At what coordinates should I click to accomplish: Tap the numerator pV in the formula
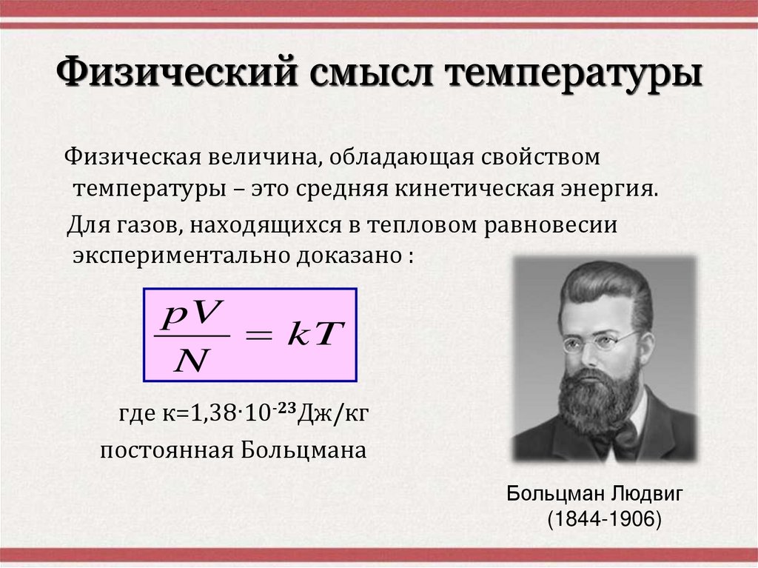click(x=188, y=318)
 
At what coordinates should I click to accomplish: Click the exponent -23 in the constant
click(x=282, y=405)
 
